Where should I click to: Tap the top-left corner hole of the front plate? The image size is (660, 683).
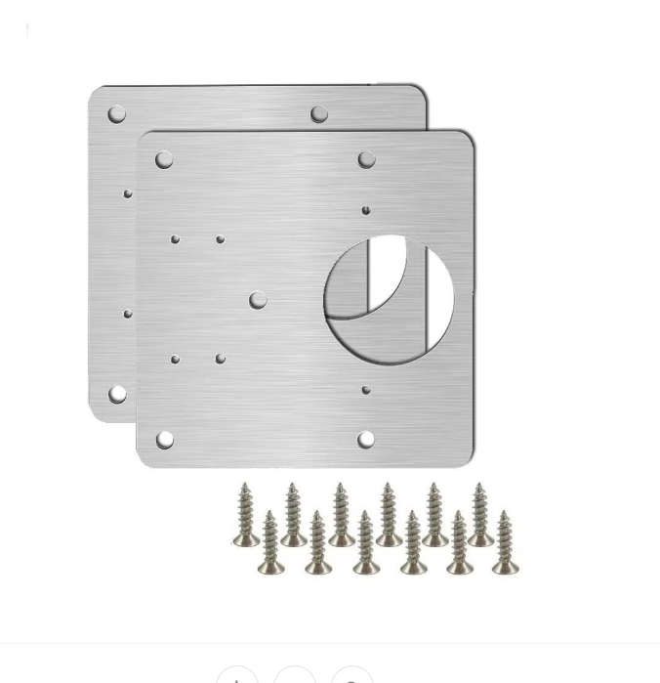(x=164, y=160)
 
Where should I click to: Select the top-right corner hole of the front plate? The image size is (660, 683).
(x=366, y=159)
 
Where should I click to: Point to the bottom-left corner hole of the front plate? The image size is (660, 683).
(x=164, y=441)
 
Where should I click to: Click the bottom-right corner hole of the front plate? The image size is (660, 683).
(x=365, y=440)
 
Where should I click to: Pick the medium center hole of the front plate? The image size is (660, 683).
(x=257, y=300)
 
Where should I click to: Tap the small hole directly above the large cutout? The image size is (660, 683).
(x=366, y=210)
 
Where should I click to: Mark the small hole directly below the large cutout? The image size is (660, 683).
(x=366, y=390)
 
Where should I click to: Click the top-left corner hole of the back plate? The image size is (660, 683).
(x=116, y=114)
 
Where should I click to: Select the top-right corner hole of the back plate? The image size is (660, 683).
(x=319, y=114)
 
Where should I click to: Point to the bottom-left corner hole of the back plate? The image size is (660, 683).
(x=117, y=394)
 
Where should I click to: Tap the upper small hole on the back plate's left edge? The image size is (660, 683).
(x=128, y=194)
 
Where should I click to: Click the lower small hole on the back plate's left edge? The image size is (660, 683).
(x=128, y=314)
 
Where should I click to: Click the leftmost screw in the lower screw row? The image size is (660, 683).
(x=270, y=543)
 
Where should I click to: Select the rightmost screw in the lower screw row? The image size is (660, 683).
(x=505, y=542)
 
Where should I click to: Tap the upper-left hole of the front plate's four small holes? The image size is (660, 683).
(x=176, y=239)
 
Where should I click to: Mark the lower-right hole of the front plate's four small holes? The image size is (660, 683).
(x=221, y=360)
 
